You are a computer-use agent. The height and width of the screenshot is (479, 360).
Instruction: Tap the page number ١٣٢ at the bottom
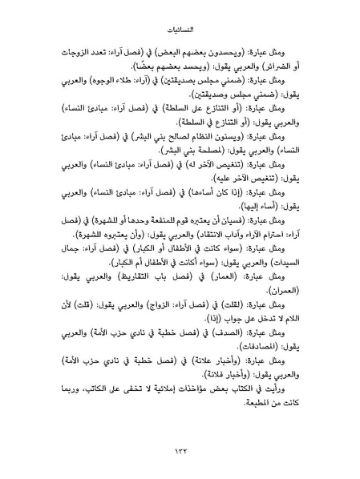(180, 452)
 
